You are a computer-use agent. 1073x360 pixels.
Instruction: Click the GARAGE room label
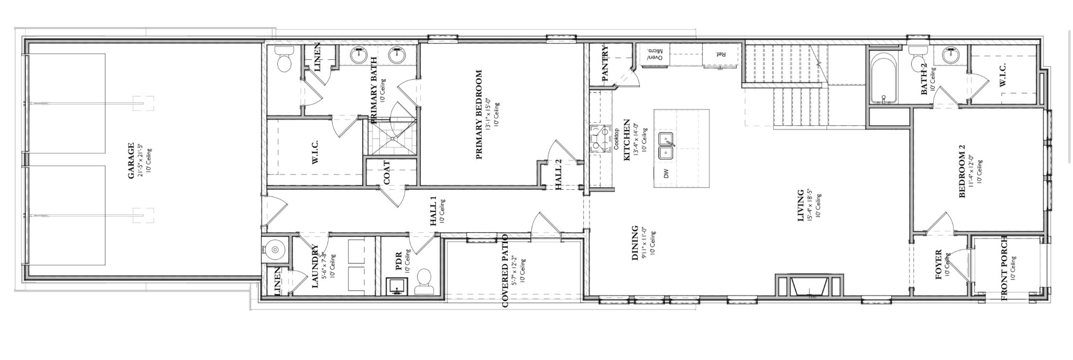pos(132,161)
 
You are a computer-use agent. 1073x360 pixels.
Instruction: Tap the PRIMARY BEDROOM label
pos(478,115)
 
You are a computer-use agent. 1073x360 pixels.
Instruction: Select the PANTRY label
pos(605,64)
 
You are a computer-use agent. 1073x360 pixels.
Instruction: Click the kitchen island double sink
pos(666,147)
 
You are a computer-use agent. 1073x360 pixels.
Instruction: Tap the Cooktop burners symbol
pos(598,138)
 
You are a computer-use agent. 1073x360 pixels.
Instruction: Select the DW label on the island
pos(666,173)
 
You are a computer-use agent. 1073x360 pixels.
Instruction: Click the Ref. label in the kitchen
pos(720,54)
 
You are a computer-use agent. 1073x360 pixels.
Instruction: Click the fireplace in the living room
pos(809,287)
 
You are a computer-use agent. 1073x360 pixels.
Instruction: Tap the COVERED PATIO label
pos(505,277)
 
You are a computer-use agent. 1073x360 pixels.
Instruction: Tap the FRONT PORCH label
pos(1004,275)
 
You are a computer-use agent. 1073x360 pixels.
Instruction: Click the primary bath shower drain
pos(392,138)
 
